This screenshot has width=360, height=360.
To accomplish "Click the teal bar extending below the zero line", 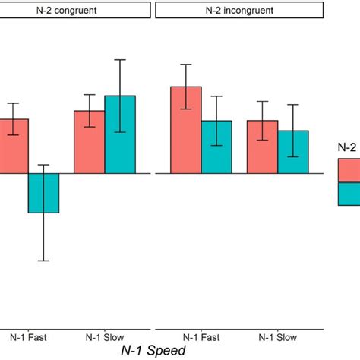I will [x=43, y=193].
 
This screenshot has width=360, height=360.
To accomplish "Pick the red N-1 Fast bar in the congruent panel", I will [x=14, y=146].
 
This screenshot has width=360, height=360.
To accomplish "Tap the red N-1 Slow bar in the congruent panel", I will [x=89, y=142].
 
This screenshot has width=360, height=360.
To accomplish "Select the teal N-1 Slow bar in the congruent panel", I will [x=119, y=134].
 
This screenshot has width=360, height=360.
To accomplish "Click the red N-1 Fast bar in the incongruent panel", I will [x=186, y=130].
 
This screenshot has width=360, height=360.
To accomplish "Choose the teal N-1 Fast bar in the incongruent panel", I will [x=216, y=147].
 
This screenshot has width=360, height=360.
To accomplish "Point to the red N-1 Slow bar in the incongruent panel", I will [x=262, y=147].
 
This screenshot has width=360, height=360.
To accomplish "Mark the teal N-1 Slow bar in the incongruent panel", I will [x=293, y=152].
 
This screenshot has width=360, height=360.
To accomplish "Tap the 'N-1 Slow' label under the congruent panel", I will [x=104, y=336].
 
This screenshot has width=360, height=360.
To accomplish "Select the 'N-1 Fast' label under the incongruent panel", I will [x=201, y=336].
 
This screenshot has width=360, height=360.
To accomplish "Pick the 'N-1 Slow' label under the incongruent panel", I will [x=277, y=336].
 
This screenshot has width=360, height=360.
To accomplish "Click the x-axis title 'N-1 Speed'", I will [x=153, y=351].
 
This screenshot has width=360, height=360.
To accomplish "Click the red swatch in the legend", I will [x=349, y=171].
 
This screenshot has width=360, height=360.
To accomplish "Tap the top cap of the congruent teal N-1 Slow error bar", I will [x=119, y=60].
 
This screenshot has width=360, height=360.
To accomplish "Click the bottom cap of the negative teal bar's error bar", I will [x=43, y=261].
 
